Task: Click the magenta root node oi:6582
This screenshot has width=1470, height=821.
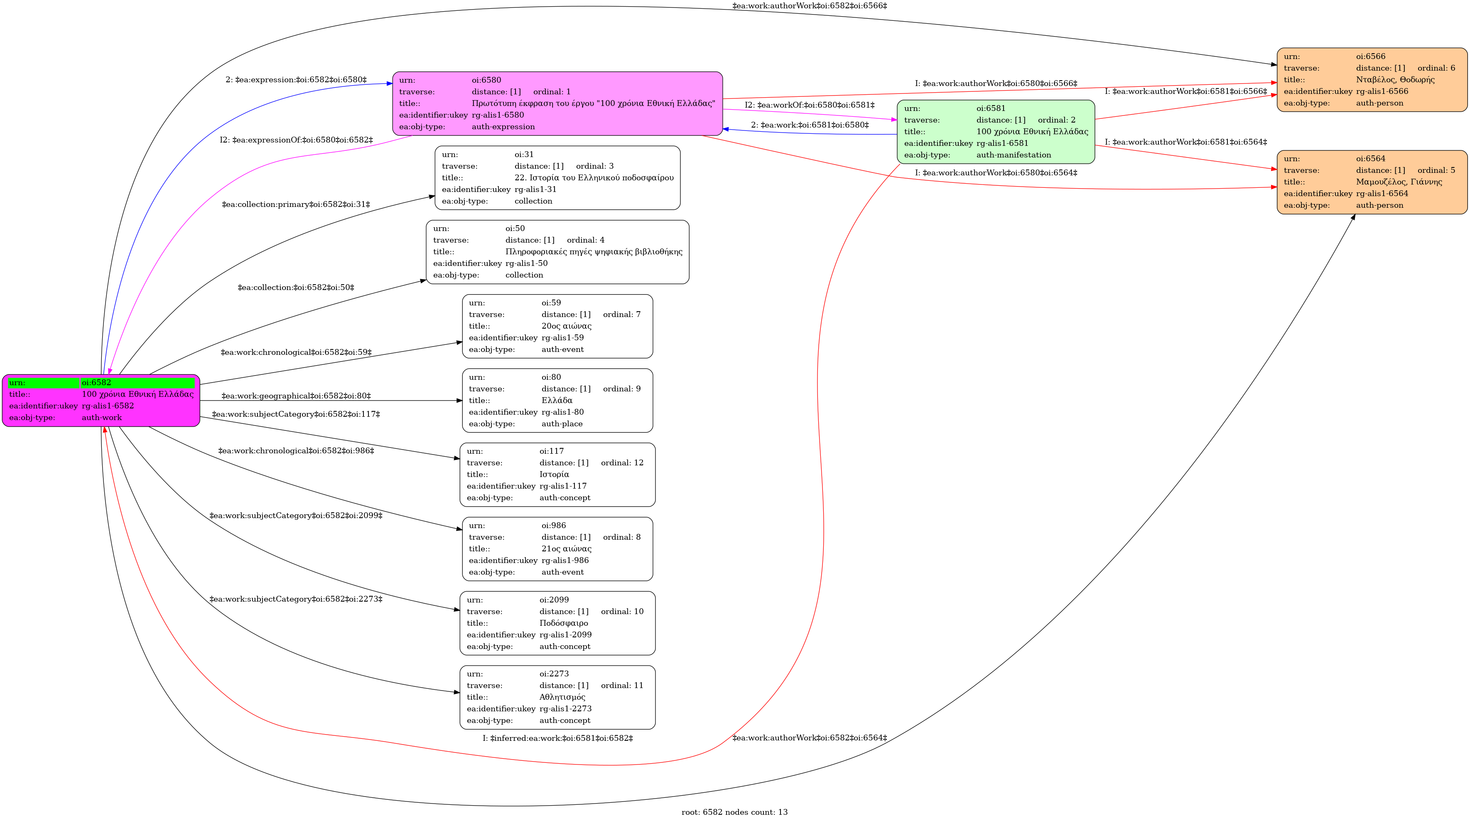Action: [x=101, y=400]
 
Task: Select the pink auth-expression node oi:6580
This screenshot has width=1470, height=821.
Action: [x=557, y=103]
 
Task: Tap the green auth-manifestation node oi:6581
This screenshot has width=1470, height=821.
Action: [x=996, y=132]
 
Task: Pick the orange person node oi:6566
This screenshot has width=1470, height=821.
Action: [x=1372, y=80]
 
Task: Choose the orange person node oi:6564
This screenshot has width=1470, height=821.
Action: [x=1372, y=182]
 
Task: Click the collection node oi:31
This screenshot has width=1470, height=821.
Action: [x=557, y=177]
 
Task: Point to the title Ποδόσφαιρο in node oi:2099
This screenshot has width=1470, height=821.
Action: [x=564, y=623]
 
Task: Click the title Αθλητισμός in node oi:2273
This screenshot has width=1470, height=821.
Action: [x=562, y=697]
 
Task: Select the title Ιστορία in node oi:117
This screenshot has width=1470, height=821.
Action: [x=554, y=474]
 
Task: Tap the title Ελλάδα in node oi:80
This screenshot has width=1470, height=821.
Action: [x=557, y=400]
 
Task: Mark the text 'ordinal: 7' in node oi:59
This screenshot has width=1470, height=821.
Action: [x=621, y=315]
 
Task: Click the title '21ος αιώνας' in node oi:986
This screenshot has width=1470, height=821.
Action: [x=567, y=549]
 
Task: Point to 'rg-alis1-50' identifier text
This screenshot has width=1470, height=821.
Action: [x=526, y=263]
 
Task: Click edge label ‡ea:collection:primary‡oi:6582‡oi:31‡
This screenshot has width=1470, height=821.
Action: [x=296, y=204]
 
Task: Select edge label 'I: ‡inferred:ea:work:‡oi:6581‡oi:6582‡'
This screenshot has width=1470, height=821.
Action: [x=557, y=738]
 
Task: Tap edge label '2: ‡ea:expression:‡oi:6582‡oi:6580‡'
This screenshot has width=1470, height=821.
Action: [x=296, y=80]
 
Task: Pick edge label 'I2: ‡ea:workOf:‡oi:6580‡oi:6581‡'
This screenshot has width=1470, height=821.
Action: [x=809, y=105]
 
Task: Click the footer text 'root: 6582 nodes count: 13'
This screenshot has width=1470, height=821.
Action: [x=734, y=812]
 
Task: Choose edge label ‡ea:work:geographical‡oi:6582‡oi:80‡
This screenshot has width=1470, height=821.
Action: [x=296, y=396]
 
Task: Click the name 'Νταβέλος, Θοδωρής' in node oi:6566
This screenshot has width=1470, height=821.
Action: [x=1395, y=80]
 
